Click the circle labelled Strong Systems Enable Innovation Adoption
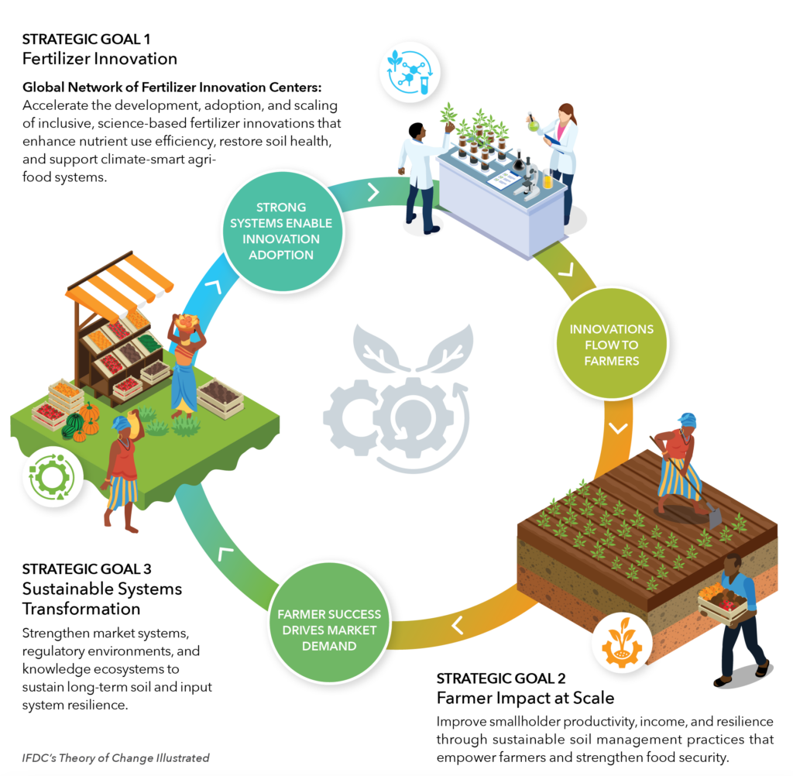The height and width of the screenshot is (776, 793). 281,230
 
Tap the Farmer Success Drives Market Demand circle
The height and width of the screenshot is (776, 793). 329,629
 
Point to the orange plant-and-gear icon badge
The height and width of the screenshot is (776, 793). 621,646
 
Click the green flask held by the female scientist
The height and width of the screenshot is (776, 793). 533,121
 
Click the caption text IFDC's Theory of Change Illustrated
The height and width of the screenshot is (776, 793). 115,758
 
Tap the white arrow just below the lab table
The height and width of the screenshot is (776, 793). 566,270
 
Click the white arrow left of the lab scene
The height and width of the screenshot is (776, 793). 372,191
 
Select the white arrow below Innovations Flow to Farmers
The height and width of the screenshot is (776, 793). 618,427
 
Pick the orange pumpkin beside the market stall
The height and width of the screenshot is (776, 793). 90,414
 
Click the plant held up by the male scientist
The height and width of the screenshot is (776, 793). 448,115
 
